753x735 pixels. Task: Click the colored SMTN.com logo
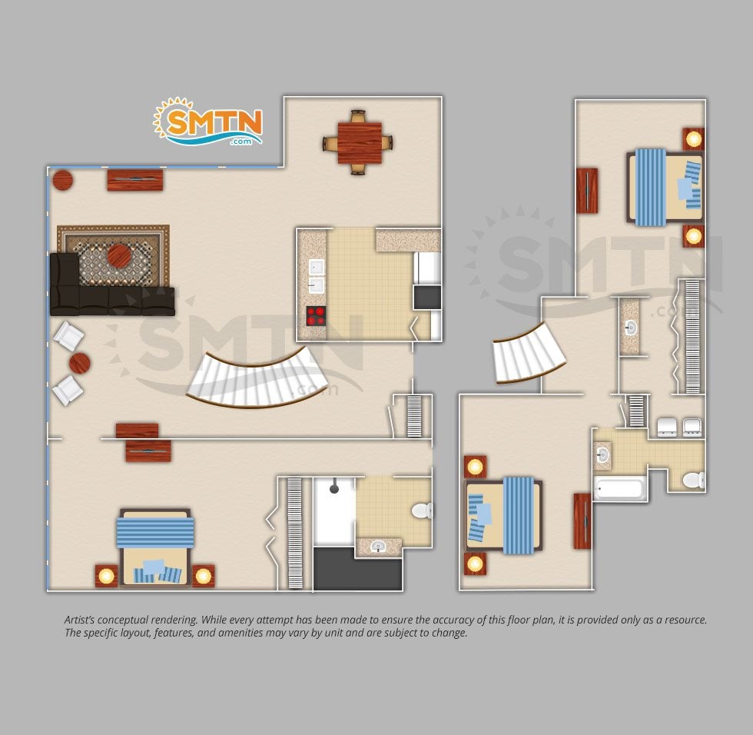pos(207,121)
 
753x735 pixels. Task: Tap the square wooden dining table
pos(360,143)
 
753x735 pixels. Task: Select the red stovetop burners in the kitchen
pos(316,316)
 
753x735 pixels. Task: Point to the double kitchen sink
pos(316,276)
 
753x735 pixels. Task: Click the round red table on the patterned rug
pos(118,255)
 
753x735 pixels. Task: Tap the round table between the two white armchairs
pos(80,364)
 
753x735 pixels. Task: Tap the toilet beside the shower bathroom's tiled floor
pos(422,511)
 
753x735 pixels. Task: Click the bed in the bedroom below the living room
pos(154,546)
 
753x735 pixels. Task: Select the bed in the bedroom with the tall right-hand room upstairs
pos(665,187)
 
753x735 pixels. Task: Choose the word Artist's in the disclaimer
pos(80,620)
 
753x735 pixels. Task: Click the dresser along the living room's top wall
pos(135,180)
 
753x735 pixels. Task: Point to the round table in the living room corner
pos(62,180)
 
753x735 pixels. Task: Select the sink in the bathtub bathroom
pos(602,454)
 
